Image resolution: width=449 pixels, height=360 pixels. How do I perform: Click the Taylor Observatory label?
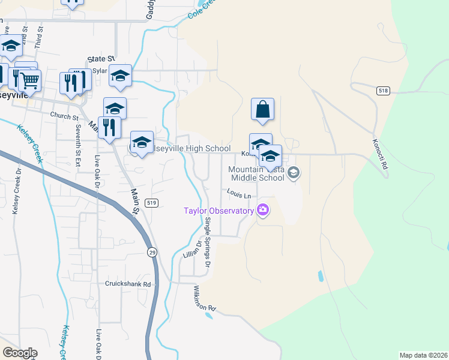click(x=219, y=211)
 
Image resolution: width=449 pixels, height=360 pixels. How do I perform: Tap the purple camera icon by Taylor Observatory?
click(x=262, y=210)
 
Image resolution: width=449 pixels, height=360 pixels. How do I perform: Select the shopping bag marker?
click(x=262, y=110)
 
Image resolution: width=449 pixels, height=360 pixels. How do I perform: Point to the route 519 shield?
click(x=152, y=203)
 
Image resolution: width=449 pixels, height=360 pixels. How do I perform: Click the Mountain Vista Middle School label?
click(x=256, y=173)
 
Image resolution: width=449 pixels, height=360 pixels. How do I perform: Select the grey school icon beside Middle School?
click(x=294, y=173)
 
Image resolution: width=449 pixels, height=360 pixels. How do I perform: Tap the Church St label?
click(x=65, y=116)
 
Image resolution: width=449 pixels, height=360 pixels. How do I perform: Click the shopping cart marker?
click(x=29, y=80)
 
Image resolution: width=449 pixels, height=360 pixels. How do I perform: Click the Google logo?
click(x=20, y=353)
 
